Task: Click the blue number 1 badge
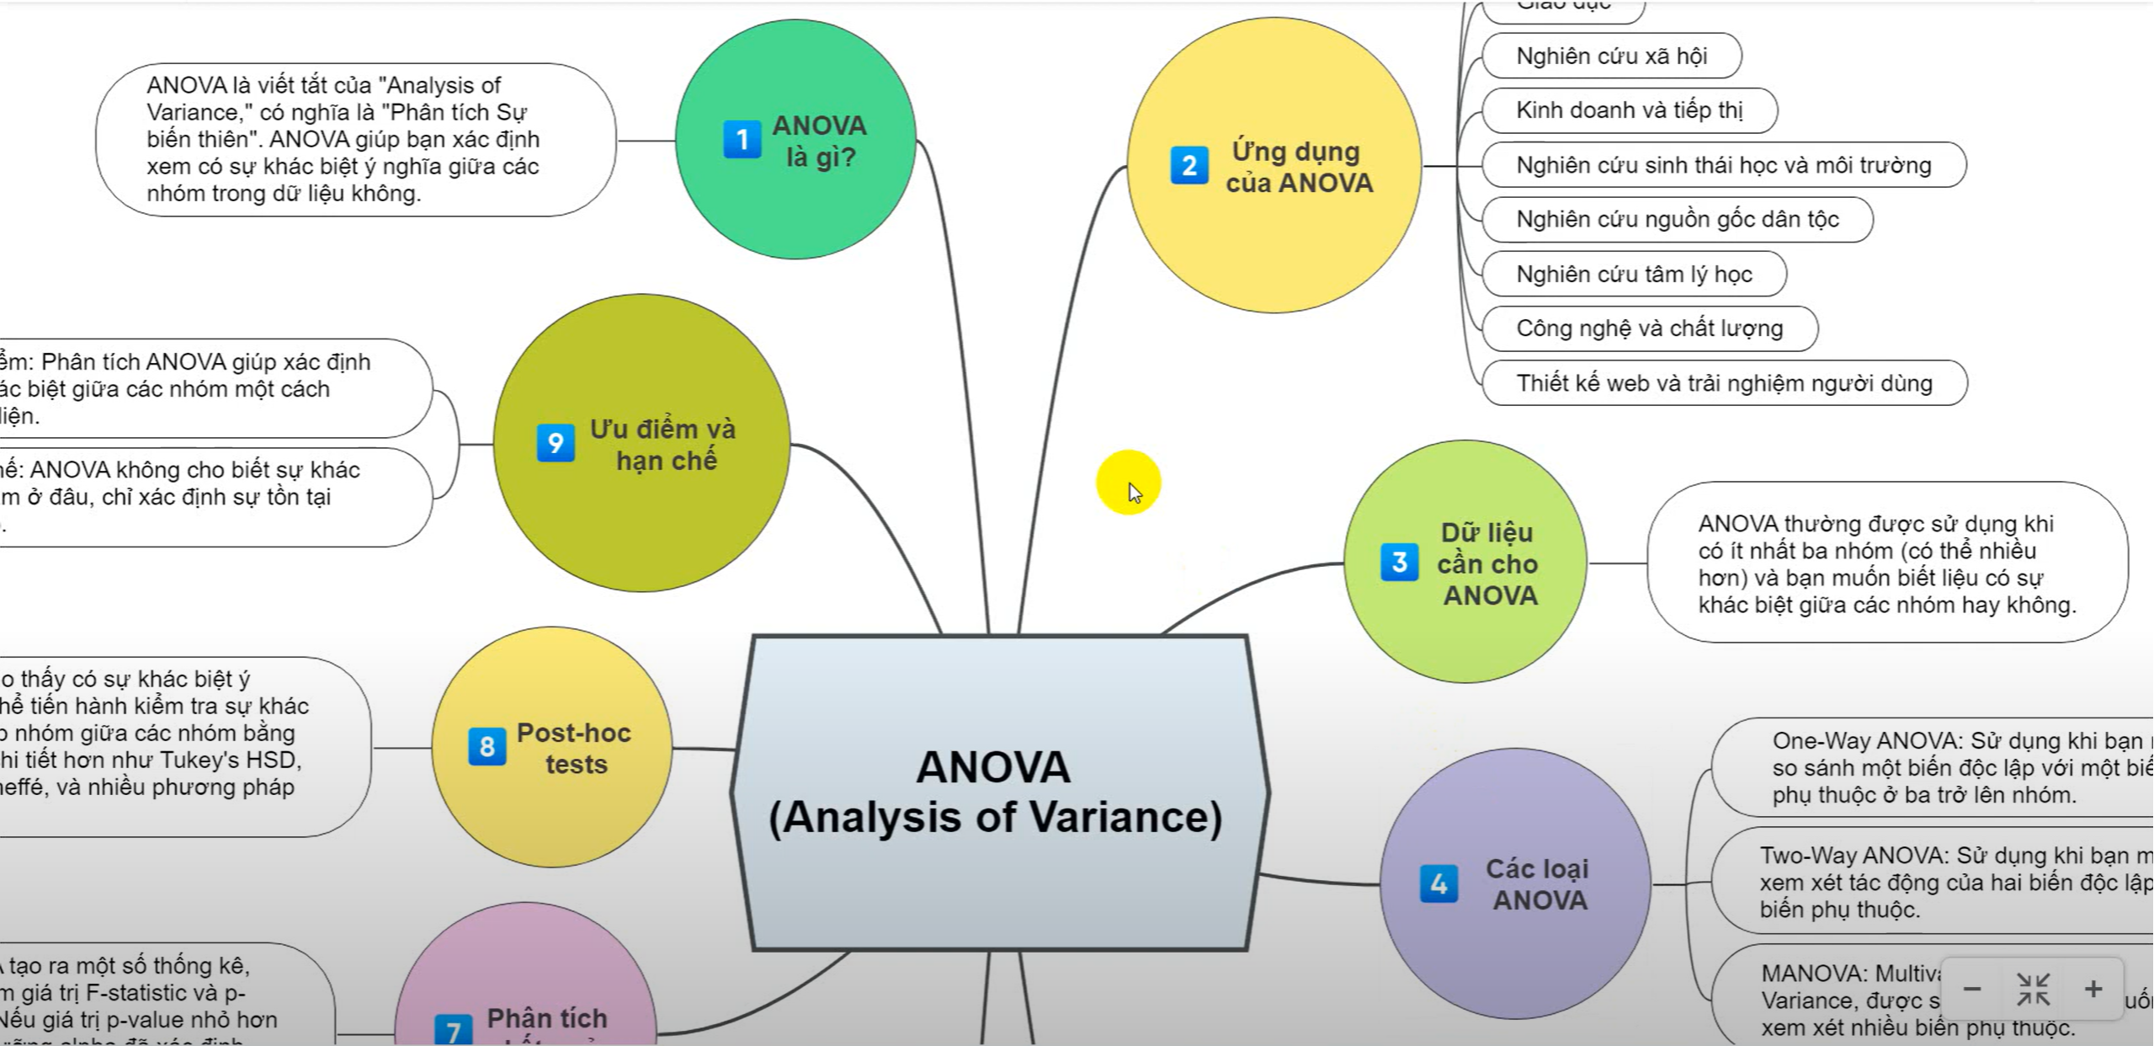(x=742, y=139)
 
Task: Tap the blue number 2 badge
(x=1189, y=165)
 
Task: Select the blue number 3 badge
(x=1399, y=563)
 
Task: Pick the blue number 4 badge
(x=1439, y=883)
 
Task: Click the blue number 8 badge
(x=487, y=747)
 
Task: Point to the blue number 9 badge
(x=556, y=443)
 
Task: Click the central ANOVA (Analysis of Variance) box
(x=996, y=792)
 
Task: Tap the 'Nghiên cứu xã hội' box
(x=1611, y=56)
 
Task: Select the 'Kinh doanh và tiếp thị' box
(x=1629, y=110)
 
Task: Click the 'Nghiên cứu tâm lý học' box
(x=1634, y=275)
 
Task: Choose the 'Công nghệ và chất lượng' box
(x=1649, y=328)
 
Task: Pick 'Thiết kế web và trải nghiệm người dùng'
(x=1724, y=383)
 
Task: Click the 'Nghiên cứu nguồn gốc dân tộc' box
(x=1677, y=220)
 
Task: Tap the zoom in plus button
(x=2093, y=989)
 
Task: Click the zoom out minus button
(x=1972, y=989)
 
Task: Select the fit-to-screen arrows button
(x=2033, y=989)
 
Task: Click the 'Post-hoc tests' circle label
(x=574, y=748)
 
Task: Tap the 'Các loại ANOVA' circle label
(x=1538, y=884)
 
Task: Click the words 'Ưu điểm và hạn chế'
(x=663, y=445)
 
